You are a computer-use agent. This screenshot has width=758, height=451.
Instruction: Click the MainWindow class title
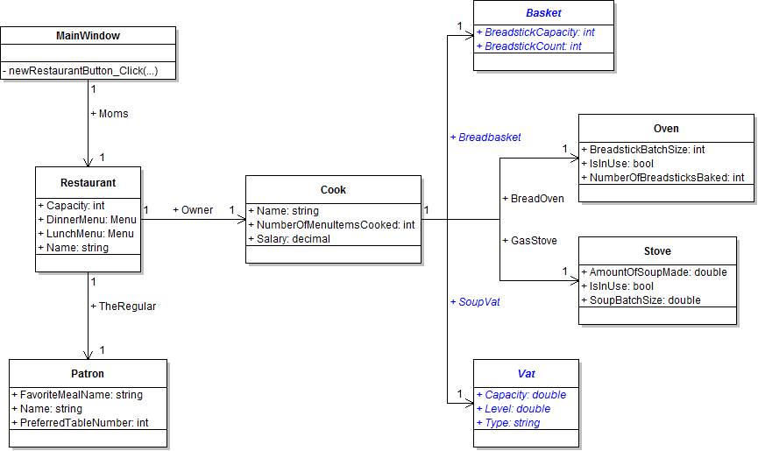pos(88,36)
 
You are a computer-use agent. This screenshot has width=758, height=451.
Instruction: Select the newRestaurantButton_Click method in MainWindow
pos(83,70)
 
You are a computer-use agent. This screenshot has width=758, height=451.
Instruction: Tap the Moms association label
pos(110,114)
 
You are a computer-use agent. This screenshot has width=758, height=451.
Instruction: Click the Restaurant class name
pos(88,183)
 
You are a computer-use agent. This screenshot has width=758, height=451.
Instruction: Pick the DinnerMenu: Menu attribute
pos(86,220)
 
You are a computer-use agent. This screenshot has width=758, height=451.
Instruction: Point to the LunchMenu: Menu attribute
pos(86,234)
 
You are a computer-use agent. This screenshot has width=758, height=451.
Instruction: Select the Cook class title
pos(333,190)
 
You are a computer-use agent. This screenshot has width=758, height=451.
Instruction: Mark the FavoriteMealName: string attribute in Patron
pos(77,395)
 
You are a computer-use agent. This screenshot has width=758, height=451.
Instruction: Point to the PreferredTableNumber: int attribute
pos(80,423)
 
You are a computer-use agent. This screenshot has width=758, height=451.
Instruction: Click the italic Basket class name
pos(543,14)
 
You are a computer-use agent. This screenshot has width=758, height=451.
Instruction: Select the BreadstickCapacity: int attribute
pos(535,32)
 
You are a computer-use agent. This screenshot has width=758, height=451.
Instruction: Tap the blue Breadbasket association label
pos(485,137)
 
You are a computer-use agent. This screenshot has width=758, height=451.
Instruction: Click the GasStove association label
pos(529,240)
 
